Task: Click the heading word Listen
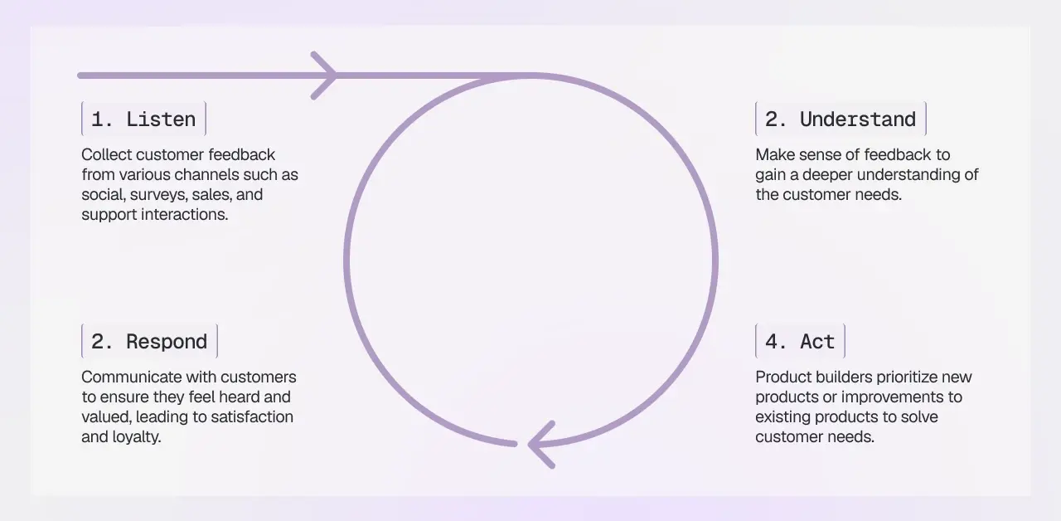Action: [161, 119]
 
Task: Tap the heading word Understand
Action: [858, 119]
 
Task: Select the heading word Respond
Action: [167, 342]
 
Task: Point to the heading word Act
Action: [817, 342]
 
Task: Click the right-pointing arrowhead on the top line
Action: [327, 75]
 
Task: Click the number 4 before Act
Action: [771, 342]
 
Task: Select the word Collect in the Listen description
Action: [107, 155]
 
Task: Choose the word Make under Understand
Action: [774, 155]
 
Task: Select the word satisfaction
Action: [253, 417]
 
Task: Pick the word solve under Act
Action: [920, 417]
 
